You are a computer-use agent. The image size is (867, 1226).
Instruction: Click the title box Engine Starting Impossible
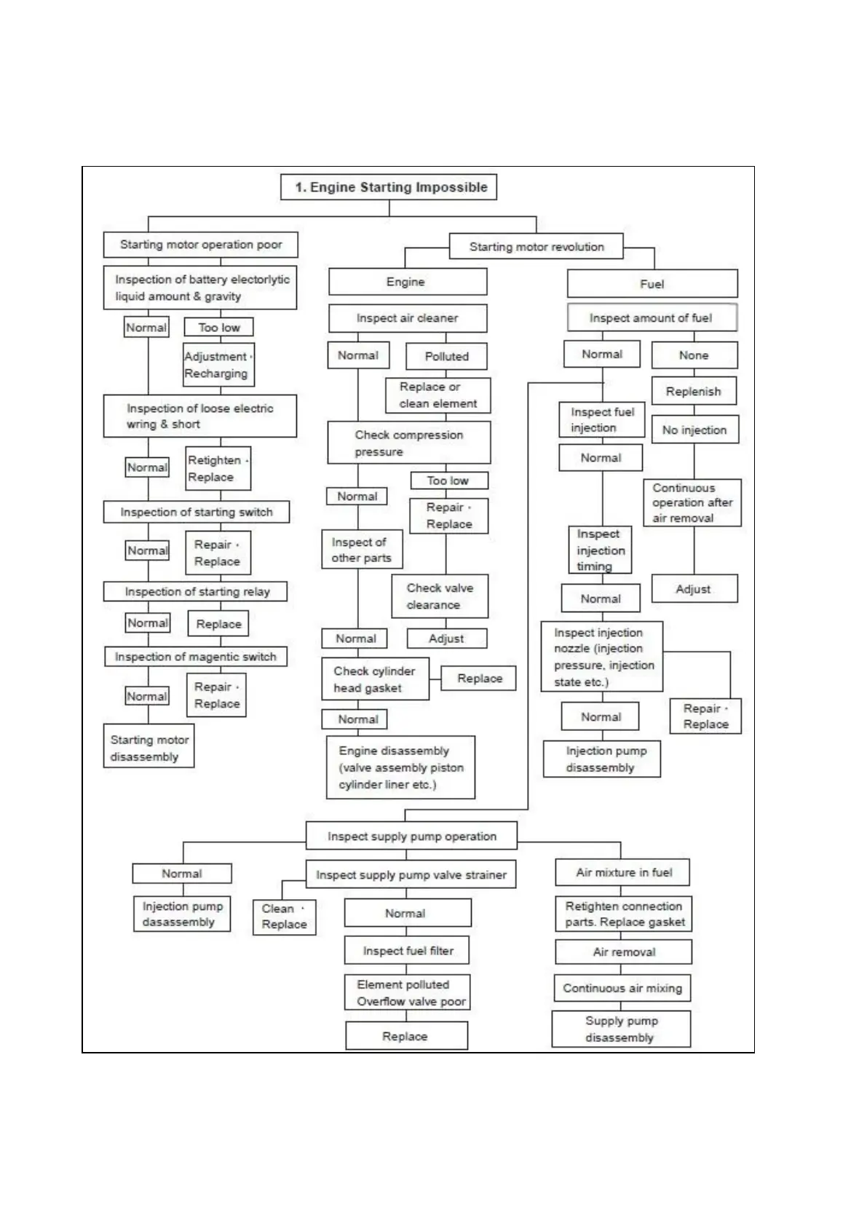(388, 187)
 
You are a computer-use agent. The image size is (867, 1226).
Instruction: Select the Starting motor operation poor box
(201, 245)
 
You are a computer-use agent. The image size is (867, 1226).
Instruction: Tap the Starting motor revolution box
(537, 247)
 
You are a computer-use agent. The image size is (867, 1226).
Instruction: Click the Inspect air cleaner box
(408, 318)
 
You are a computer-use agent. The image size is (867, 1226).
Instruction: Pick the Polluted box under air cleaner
(446, 356)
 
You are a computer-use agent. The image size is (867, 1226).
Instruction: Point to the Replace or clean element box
(438, 395)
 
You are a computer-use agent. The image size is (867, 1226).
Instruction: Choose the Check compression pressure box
(408, 443)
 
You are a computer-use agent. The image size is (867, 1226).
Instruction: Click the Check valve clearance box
(440, 596)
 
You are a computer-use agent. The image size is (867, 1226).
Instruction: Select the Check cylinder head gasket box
(375, 679)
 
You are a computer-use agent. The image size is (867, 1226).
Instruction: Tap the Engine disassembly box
(400, 767)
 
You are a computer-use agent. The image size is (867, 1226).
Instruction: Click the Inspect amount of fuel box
(652, 318)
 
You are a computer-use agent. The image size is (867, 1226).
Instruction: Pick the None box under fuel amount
(694, 355)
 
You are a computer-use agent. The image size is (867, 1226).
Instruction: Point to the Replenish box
(693, 391)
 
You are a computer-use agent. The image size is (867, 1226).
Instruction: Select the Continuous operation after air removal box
(692, 502)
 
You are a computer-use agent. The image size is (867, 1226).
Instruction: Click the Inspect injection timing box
(600, 550)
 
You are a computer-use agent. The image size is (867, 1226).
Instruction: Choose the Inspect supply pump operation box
(412, 836)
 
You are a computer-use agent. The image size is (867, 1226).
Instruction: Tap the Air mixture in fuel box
(623, 872)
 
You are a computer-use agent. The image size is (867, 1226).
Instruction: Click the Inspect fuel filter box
(408, 951)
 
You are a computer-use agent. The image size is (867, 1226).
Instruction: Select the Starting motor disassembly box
(149, 748)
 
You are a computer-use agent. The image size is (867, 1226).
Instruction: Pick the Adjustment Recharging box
(218, 365)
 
